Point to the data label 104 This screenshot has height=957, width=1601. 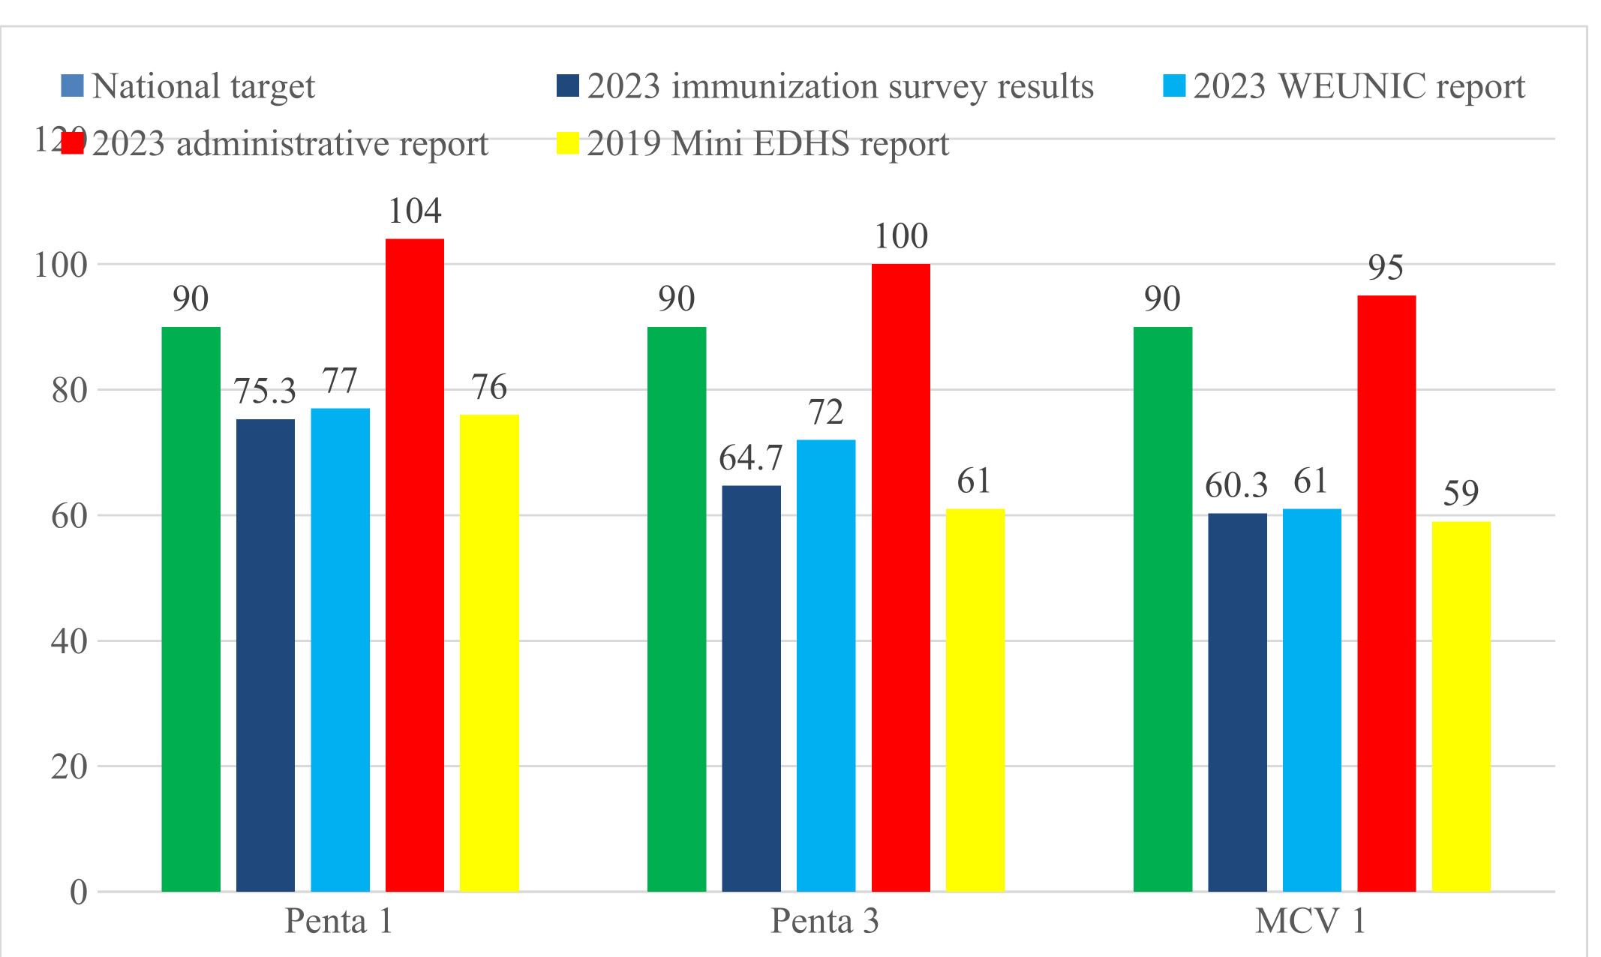point(414,211)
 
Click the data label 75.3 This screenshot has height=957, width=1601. point(265,391)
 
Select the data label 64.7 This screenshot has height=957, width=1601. point(750,458)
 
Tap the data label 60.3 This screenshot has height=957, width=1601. point(1236,486)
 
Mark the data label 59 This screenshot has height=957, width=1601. point(1460,493)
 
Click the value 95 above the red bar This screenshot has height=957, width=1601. point(1385,268)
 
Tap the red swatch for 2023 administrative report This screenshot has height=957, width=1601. point(72,142)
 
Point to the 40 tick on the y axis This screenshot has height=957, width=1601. point(69,641)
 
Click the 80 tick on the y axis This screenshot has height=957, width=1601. point(69,390)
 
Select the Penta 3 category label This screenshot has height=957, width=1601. point(825,921)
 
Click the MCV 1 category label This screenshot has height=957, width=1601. point(1310,921)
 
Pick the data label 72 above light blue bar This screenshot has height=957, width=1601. point(825,412)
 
